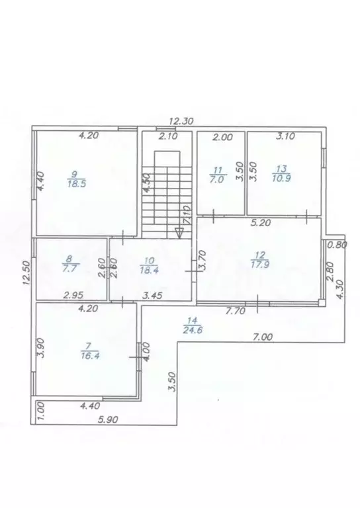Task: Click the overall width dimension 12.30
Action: click(x=181, y=121)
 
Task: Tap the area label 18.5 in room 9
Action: click(x=77, y=185)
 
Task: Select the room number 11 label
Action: click(x=218, y=169)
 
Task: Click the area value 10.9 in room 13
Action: click(x=281, y=178)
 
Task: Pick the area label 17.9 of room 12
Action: click(x=260, y=265)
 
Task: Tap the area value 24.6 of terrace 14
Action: click(x=193, y=331)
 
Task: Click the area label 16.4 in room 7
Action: click(x=90, y=355)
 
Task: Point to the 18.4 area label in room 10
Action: click(x=150, y=270)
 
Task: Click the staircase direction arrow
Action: click(x=179, y=233)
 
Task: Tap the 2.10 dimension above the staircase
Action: click(x=168, y=136)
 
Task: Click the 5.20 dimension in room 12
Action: click(x=261, y=222)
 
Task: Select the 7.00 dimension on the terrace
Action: click(x=263, y=337)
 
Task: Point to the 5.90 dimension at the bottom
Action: click(x=109, y=419)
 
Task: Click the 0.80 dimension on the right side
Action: click(x=337, y=245)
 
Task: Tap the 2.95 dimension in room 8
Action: click(x=73, y=295)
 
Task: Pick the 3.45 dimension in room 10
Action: click(x=152, y=296)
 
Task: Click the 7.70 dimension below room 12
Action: click(x=236, y=312)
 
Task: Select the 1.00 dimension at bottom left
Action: click(x=41, y=411)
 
